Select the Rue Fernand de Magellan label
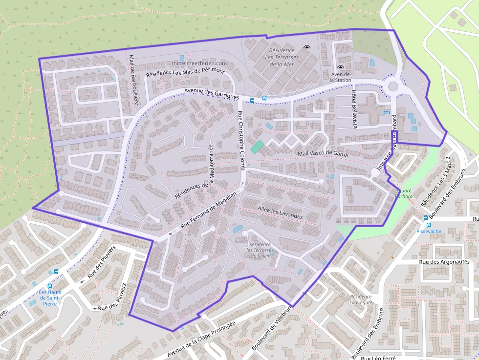click(x=209, y=211)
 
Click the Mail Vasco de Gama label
click(x=323, y=154)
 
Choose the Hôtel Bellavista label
click(x=355, y=109)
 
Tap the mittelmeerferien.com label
click(x=200, y=64)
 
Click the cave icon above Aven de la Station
click(x=340, y=68)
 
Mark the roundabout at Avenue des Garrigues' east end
click(x=392, y=87)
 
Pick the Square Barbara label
click(x=404, y=193)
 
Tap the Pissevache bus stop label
click(x=428, y=232)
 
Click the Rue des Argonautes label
click(x=444, y=262)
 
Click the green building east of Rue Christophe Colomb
click(x=257, y=147)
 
